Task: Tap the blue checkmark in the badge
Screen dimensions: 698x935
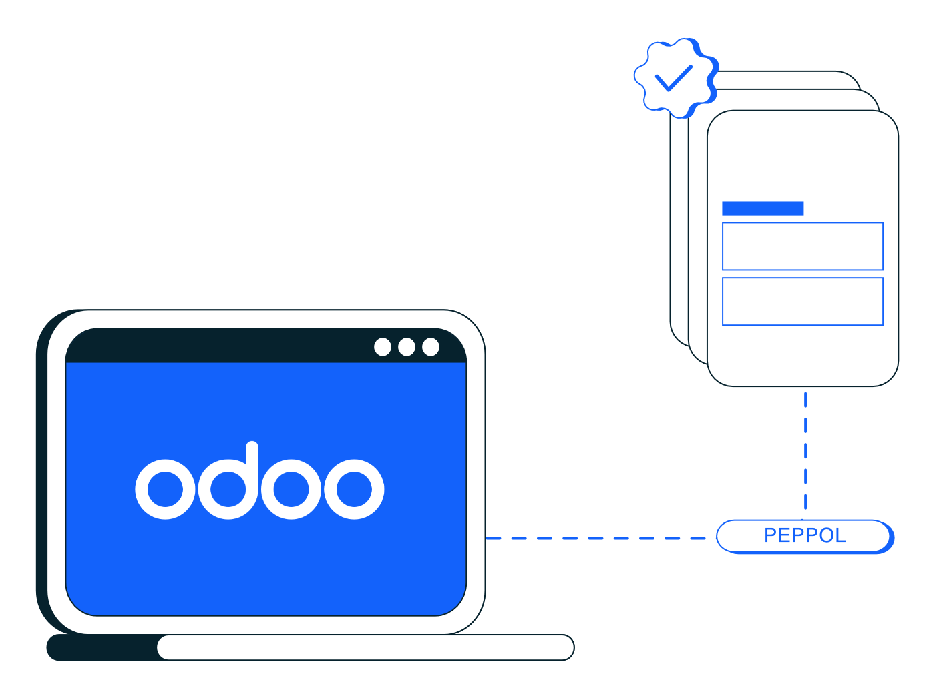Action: (673, 78)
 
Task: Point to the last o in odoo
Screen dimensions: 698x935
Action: (354, 489)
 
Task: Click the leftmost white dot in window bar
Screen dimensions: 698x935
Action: (383, 347)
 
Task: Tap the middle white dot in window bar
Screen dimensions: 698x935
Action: (407, 347)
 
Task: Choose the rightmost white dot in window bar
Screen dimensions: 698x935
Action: (431, 347)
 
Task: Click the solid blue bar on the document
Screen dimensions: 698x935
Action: (763, 208)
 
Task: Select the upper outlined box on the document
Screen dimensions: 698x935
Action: (803, 246)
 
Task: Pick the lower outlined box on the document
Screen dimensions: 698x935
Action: (803, 302)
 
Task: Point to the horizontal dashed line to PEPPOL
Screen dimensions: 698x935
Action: (594, 538)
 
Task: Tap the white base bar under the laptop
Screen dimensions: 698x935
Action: (365, 647)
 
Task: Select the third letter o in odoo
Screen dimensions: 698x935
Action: (291, 489)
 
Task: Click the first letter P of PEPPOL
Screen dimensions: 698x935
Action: (770, 536)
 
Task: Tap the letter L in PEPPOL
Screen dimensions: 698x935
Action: (840, 536)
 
